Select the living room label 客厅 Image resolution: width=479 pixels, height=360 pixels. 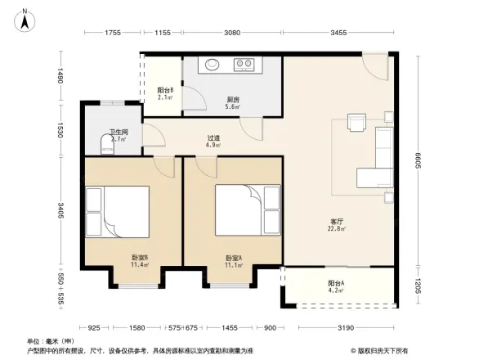tap(336, 221)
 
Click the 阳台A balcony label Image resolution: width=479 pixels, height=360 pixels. tap(336, 282)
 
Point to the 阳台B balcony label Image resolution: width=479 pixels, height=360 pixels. tap(164, 91)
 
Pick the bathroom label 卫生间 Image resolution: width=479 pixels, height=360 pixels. tap(119, 133)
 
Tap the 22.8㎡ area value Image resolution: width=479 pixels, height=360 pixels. tap(336, 229)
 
